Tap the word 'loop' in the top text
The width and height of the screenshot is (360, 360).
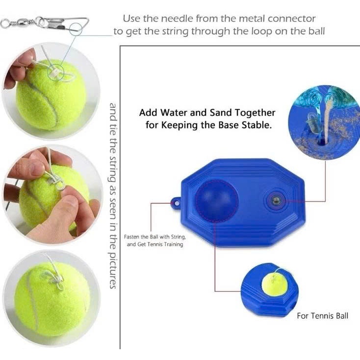(x=262, y=32)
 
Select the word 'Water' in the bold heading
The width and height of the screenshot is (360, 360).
(x=174, y=113)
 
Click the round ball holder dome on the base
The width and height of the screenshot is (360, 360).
(x=217, y=201)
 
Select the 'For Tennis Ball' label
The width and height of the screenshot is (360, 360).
(x=322, y=316)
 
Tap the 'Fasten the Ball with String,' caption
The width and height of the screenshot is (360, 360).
(x=155, y=237)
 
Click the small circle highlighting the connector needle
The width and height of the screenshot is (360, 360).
(x=76, y=29)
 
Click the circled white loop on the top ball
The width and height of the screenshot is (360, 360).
(x=55, y=72)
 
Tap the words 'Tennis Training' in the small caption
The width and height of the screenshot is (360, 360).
(x=165, y=244)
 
